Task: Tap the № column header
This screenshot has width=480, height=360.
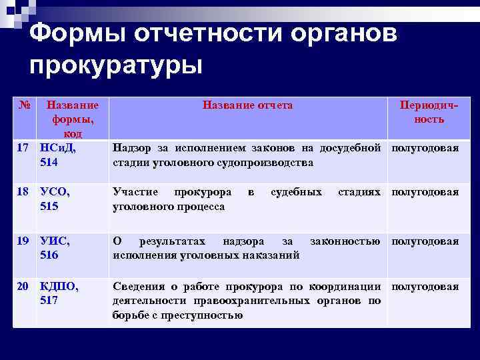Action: coord(24,105)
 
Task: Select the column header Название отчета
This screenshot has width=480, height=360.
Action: coord(247,105)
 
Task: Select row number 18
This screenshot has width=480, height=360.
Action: coord(23,192)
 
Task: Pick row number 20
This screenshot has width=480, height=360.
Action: coord(23,287)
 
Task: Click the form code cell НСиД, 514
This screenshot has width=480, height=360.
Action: coord(58,155)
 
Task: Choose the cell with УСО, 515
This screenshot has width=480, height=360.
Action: coord(55,199)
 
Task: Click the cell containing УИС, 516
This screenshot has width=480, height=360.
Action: coord(55,247)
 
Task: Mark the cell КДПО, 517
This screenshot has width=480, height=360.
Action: coord(59,293)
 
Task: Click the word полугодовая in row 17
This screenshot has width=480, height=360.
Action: coord(425,148)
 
